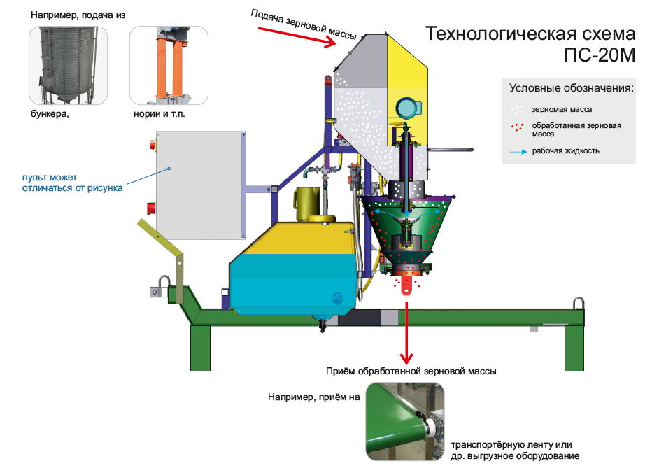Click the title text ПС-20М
point(600,55)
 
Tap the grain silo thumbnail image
point(68,65)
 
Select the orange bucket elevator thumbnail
point(169,65)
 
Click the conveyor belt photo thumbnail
point(405,421)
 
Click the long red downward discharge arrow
point(406,332)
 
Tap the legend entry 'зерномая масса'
point(562,110)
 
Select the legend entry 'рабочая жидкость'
point(566,151)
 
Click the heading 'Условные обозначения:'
point(572,88)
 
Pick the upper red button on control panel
point(153,145)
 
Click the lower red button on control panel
point(151,208)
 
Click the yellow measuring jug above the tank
point(306,204)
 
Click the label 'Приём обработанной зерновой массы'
point(411,371)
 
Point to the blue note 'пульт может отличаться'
point(72,183)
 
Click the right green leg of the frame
point(574,348)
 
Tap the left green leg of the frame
point(201,348)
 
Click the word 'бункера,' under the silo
point(50,114)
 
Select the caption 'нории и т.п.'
point(159,114)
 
